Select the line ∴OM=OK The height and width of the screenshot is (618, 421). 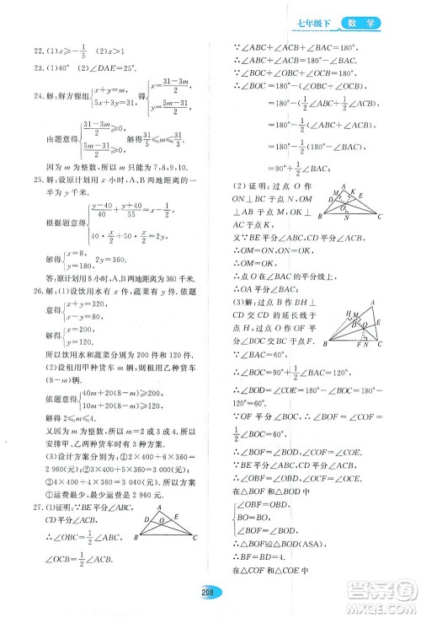pyautogui.click(x=250, y=262)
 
